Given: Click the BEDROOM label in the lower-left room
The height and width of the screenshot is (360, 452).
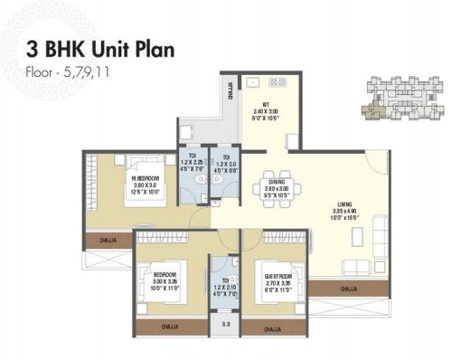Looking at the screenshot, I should click(167, 271).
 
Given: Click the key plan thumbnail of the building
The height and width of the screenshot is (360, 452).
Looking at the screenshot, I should click(393, 99).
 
